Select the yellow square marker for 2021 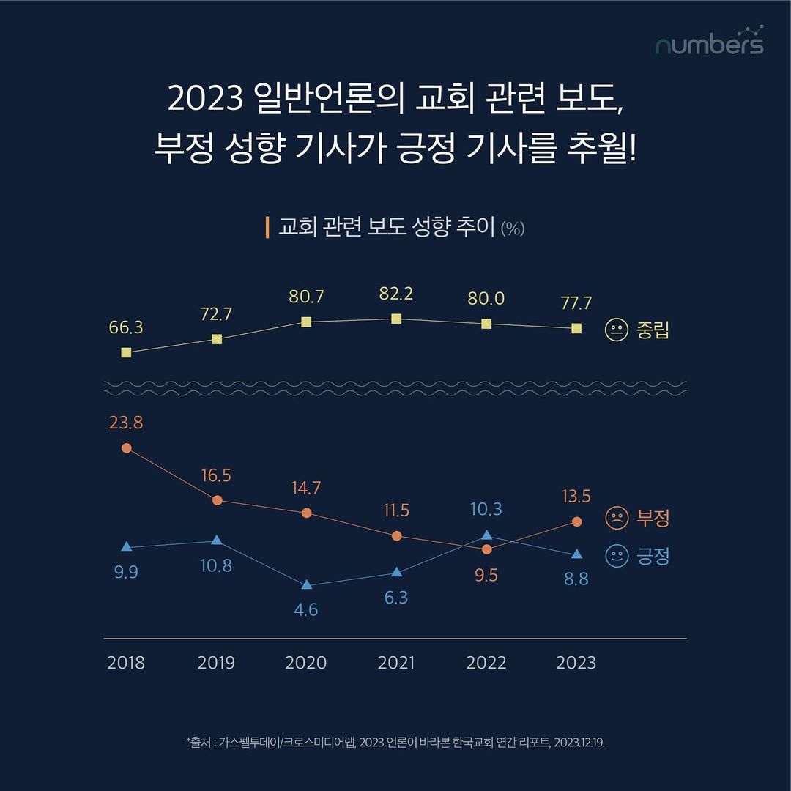pos(396,319)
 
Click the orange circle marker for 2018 pos(126,448)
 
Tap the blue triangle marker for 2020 pos(307,584)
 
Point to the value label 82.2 pos(396,294)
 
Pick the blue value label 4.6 pos(305,609)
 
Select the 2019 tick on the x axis pos(216,663)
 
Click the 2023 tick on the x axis pos(576,663)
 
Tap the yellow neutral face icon pos(616,330)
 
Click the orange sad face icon pos(616,519)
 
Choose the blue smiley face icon pos(616,556)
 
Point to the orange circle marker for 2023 pos(576,521)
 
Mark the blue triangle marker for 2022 pos(487,535)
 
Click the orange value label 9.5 pos(486,576)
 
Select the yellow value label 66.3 pos(126,327)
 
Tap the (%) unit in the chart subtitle pos(513,228)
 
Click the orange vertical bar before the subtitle pos(267,227)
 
